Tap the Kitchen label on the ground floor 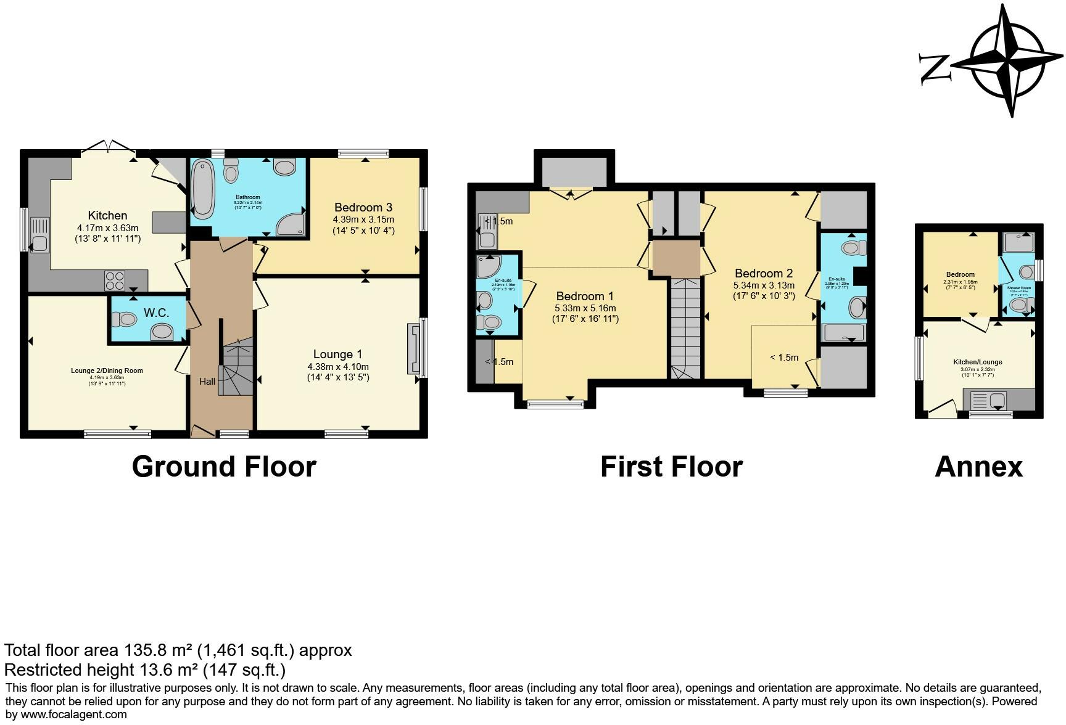click(x=108, y=215)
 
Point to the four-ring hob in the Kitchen click(x=115, y=281)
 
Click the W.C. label click(x=156, y=313)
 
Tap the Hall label click(x=207, y=382)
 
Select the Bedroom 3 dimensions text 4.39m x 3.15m click(x=363, y=219)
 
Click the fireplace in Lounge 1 click(x=413, y=349)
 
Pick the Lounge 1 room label click(x=337, y=354)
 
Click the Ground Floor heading click(x=224, y=467)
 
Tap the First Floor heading click(x=671, y=467)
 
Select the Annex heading click(x=978, y=467)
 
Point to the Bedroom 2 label click(x=764, y=273)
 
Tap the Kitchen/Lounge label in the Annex click(x=977, y=362)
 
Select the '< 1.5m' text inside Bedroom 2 click(x=784, y=358)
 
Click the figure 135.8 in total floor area click(x=145, y=650)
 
